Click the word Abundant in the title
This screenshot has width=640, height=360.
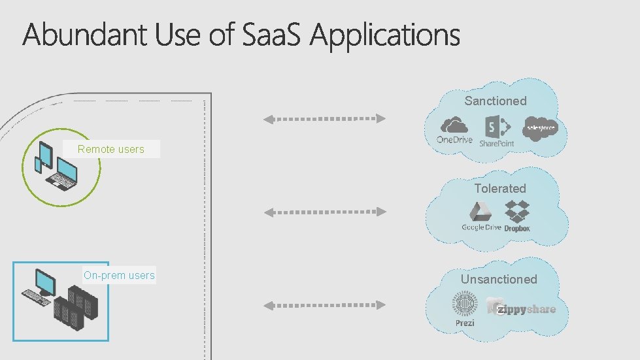click(x=86, y=35)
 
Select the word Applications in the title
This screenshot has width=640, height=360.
click(x=385, y=37)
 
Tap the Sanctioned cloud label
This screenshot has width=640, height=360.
click(x=496, y=101)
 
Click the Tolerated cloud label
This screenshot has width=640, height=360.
click(x=500, y=188)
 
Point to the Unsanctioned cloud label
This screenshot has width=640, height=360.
click(x=499, y=279)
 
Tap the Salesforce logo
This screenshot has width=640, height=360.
click(x=541, y=127)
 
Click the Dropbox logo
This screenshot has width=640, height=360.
click(x=517, y=216)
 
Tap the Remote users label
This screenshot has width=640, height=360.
click(x=111, y=149)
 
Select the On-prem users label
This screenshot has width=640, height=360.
click(x=119, y=275)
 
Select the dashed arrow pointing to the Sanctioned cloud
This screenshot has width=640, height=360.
click(x=324, y=119)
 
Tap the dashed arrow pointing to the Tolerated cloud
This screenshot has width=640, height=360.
click(x=324, y=212)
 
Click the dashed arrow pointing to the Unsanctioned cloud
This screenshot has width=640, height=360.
click(x=324, y=304)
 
